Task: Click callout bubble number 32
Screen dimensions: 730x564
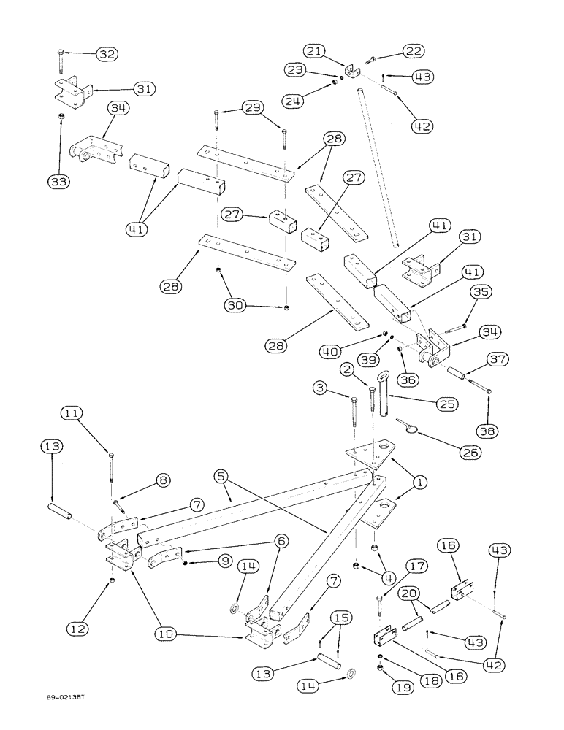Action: coord(107,54)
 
